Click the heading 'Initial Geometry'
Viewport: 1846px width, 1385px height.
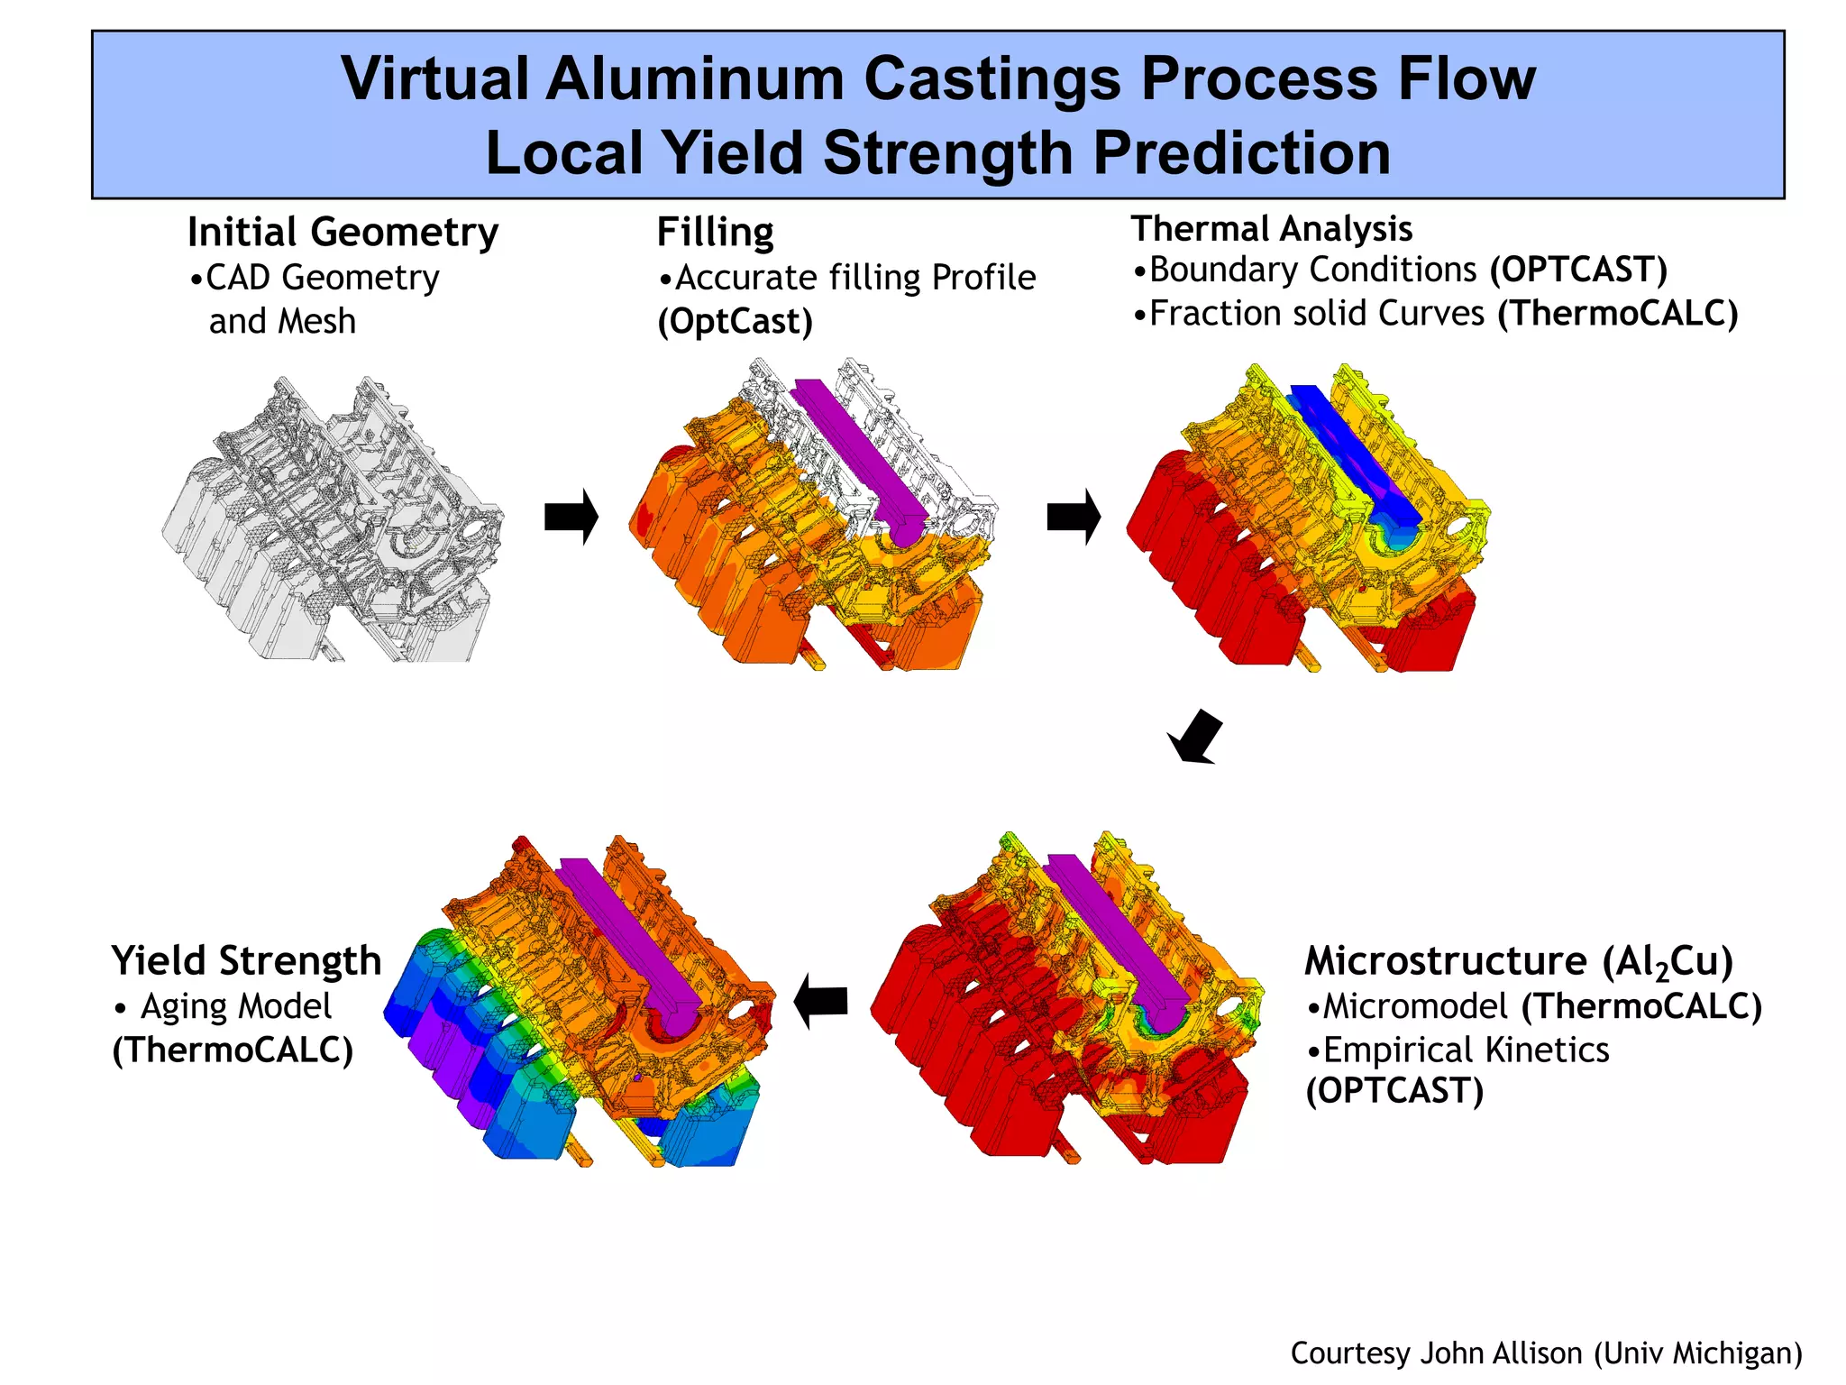point(343,233)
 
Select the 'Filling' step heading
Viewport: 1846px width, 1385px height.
point(715,233)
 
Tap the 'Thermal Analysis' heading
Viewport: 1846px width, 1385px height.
point(1272,229)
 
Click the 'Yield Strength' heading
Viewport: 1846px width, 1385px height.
point(246,961)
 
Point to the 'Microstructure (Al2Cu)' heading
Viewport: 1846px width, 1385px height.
point(1519,961)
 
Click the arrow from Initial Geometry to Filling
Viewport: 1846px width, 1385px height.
point(571,518)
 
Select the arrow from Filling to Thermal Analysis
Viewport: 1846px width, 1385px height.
point(1074,518)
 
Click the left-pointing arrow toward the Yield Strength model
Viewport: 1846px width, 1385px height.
point(821,1001)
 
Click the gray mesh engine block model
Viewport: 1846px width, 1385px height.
point(334,523)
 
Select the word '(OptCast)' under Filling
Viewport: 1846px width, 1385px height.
point(735,322)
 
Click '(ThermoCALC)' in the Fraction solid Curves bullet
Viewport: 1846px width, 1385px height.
point(1617,314)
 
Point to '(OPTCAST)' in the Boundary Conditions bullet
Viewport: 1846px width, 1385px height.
point(1578,270)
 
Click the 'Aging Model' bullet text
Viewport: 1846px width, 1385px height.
point(236,1006)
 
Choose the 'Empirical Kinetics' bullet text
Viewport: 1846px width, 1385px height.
point(1466,1050)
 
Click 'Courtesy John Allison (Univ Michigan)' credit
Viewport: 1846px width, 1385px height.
point(1546,1353)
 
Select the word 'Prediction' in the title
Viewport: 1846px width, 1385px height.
point(1242,151)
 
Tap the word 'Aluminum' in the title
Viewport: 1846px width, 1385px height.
point(695,78)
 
